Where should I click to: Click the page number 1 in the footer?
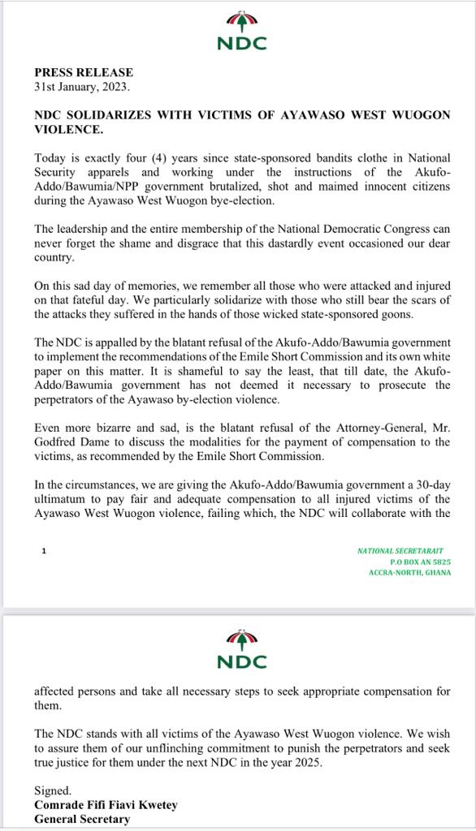pyautogui.click(x=44, y=551)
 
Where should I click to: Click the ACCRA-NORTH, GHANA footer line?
pyautogui.click(x=409, y=573)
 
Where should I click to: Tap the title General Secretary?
pyautogui.click(x=82, y=819)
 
